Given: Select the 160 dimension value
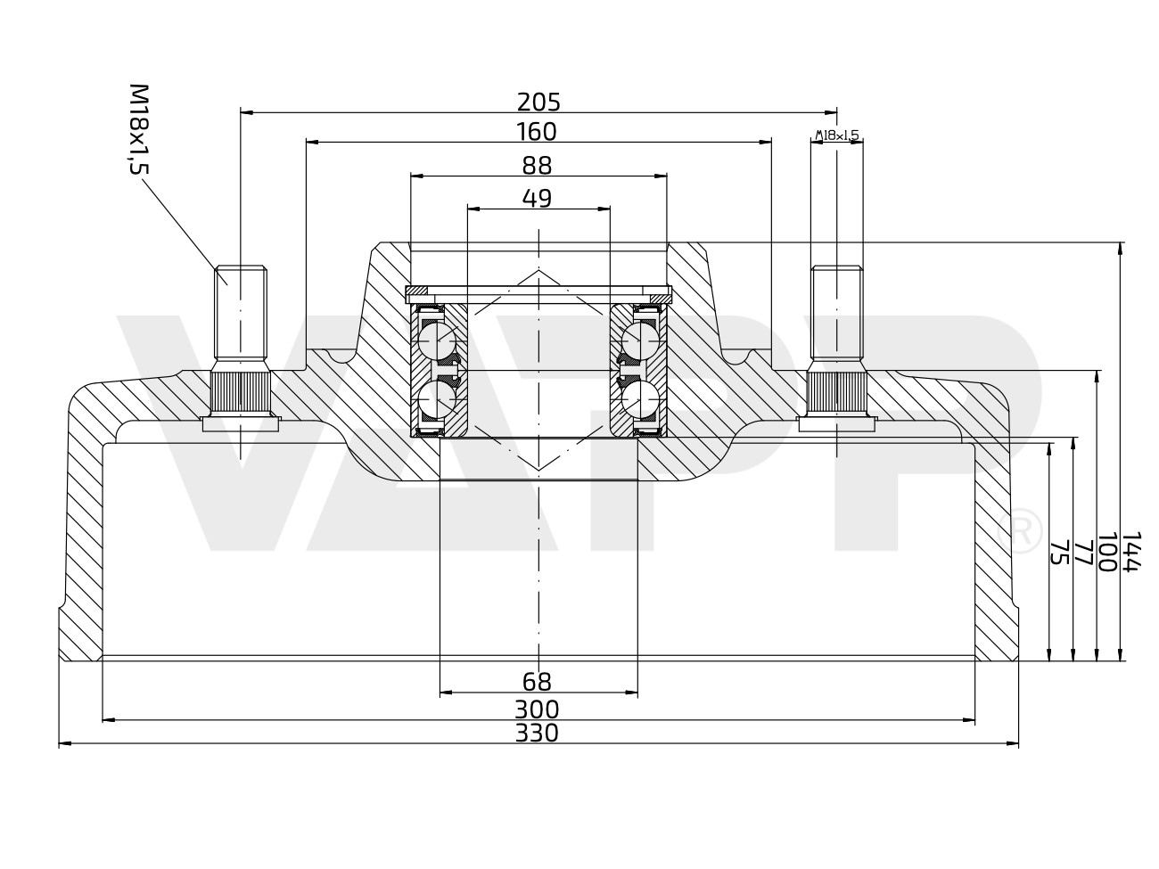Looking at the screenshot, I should [537, 132].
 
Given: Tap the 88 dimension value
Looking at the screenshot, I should [537, 166].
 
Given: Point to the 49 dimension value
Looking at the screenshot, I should [537, 198].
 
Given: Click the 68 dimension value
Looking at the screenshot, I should [537, 682].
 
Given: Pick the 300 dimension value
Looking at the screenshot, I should [537, 709].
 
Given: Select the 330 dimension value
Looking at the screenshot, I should [537, 733].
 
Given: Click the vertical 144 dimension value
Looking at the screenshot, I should [1131, 553].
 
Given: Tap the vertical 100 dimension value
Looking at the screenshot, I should [1106, 553].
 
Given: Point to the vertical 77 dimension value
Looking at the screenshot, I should [1082, 553].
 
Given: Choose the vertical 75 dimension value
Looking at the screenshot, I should [1058, 553].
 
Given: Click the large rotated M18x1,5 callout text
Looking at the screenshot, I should [138, 129].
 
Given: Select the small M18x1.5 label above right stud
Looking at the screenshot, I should [836, 135].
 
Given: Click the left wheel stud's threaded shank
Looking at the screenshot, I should [241, 312].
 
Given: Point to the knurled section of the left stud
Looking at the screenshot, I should [240, 392].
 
